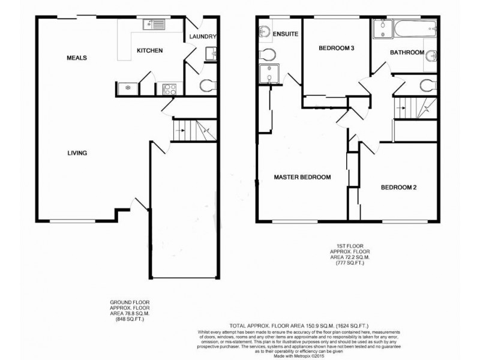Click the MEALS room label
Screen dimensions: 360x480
point(77,58)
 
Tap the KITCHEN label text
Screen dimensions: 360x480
point(149,51)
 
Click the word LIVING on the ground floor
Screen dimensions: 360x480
point(77,153)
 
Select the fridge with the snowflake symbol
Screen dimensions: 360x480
point(127,88)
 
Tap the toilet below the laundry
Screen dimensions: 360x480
point(206,85)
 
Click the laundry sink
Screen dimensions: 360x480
point(211,55)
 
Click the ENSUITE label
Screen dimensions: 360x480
point(286,35)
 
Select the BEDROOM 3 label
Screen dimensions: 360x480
point(335,48)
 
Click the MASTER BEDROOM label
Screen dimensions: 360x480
point(302,177)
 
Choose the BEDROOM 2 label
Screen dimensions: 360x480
point(399,187)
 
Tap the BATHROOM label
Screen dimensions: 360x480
point(407,53)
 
